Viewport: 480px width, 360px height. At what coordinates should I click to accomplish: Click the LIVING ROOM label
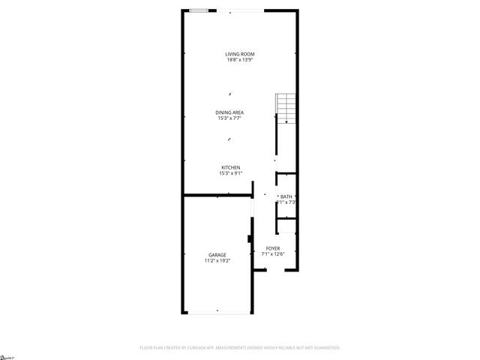(241, 54)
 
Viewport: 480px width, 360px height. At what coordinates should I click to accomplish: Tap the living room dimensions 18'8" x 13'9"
(241, 60)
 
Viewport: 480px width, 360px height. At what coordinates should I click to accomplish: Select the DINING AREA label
(230, 112)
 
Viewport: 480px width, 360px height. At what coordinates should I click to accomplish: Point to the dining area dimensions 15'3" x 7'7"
(230, 118)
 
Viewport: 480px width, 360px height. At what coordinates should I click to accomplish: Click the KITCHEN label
(230, 167)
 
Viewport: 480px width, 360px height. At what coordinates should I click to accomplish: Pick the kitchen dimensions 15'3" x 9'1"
(230, 173)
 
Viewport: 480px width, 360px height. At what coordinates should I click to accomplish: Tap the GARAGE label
(217, 255)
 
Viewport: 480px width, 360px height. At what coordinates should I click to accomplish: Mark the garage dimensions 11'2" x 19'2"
(217, 261)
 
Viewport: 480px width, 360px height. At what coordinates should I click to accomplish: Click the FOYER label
(273, 248)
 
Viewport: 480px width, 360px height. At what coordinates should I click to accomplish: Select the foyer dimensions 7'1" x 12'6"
(273, 254)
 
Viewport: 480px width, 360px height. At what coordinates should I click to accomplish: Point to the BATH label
(286, 196)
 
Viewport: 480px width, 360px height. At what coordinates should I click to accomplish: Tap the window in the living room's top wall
(199, 10)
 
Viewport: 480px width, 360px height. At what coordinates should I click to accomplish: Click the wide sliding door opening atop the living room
(241, 10)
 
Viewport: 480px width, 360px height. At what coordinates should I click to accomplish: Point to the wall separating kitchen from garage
(217, 196)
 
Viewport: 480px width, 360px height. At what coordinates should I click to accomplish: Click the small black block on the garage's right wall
(250, 240)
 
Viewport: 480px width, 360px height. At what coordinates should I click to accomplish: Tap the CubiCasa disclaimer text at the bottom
(240, 348)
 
